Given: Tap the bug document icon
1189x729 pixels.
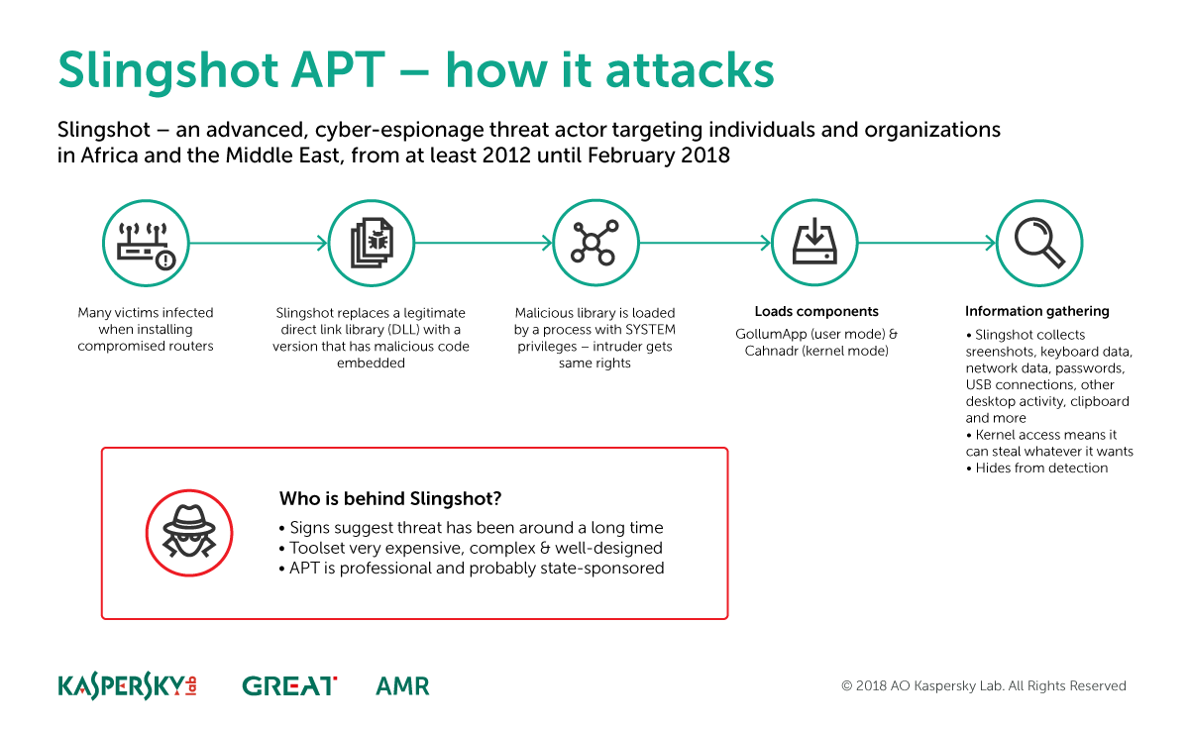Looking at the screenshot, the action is point(371,244).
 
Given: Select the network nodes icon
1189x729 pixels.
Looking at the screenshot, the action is point(595,243).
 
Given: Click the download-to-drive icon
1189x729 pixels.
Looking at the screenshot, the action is point(814,243).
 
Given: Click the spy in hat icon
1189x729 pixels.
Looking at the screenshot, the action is point(189,533).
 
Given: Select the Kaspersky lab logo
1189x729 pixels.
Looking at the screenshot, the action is point(128,686).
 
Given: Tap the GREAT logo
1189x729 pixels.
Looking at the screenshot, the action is point(289,686).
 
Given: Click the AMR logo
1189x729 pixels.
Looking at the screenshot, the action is point(402,686).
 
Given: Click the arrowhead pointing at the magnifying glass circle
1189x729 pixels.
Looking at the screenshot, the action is point(991,243).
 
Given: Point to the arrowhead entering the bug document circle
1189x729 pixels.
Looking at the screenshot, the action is point(322,244).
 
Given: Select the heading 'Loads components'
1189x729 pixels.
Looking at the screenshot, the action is point(816,311).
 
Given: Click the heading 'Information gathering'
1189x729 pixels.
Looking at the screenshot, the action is point(1037,311).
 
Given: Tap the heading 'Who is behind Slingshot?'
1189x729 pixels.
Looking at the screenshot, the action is point(390,499).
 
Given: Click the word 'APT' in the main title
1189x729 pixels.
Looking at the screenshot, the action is point(338,70).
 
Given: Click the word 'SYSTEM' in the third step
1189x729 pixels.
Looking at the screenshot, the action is point(650,330).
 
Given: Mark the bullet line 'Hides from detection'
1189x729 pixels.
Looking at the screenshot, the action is point(1036,468).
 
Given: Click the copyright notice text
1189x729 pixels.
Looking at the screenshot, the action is point(984,686).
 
